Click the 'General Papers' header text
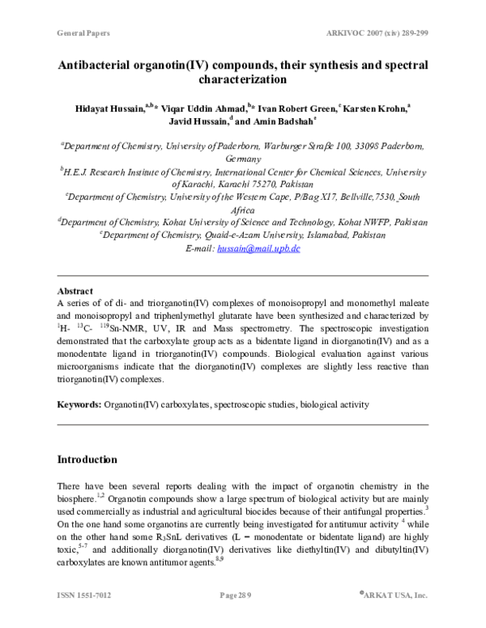coord(83,34)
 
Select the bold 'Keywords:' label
coord(79,404)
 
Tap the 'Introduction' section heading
coord(87,460)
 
